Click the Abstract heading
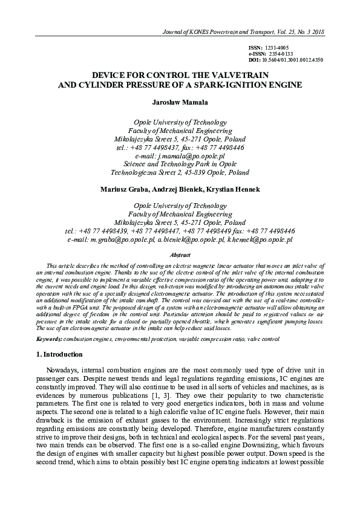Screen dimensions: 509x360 (180, 256)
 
